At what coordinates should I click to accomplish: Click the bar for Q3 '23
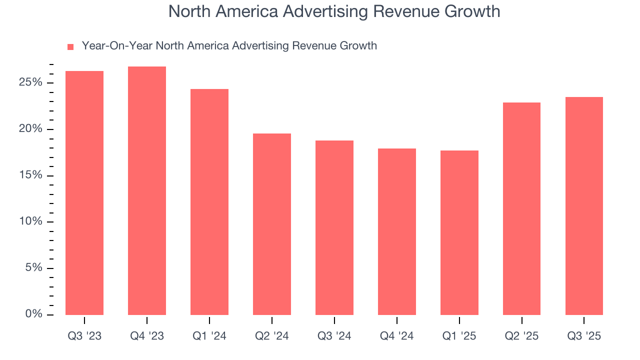click(x=84, y=193)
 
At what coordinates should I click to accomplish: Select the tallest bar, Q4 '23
click(x=147, y=190)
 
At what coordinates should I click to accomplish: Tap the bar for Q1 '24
click(x=209, y=202)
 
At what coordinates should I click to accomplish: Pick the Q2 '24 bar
click(x=272, y=224)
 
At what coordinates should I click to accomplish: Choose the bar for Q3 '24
click(x=334, y=227)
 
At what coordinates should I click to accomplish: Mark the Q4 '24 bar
click(x=397, y=231)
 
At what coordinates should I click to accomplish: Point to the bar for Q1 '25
click(x=459, y=232)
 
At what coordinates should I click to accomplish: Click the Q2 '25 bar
click(x=521, y=208)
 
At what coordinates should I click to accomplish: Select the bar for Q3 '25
click(x=584, y=206)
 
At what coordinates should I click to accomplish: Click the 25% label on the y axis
click(x=30, y=82)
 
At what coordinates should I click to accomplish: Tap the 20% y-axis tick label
click(x=30, y=129)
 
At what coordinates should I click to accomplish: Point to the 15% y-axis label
click(x=30, y=175)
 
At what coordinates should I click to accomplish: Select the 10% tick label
click(x=30, y=221)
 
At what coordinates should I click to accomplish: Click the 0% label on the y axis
click(x=33, y=314)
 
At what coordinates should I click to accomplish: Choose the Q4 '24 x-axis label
click(x=397, y=336)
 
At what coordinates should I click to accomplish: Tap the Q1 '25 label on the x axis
click(x=459, y=336)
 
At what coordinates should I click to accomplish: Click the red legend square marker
click(x=70, y=47)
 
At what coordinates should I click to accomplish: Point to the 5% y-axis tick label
click(x=33, y=268)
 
